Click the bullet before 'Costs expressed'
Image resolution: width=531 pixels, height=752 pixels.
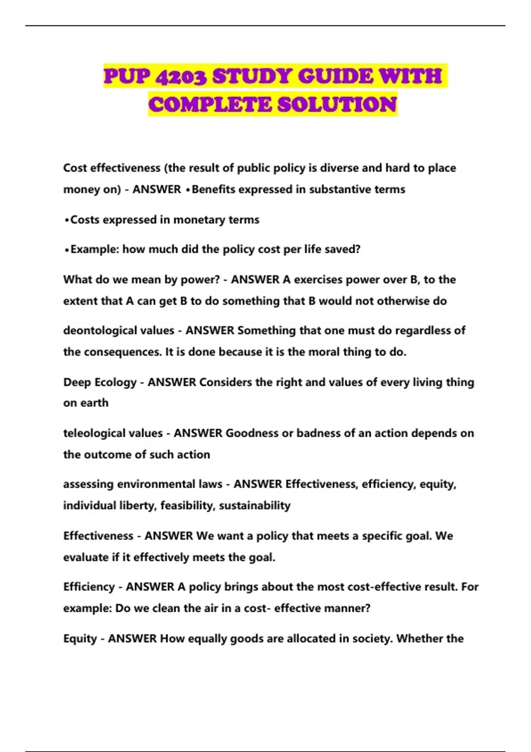[x=66, y=220]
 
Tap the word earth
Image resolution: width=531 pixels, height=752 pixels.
[x=94, y=403]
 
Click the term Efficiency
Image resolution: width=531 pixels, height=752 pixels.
[x=89, y=587]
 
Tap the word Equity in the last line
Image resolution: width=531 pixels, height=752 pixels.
[x=80, y=639]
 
